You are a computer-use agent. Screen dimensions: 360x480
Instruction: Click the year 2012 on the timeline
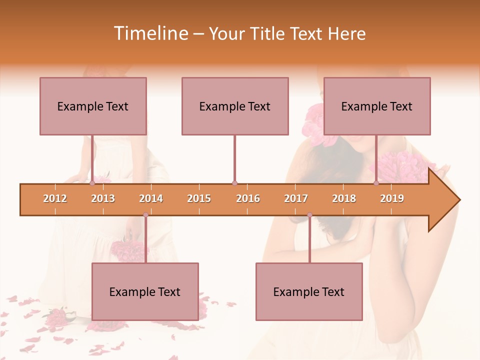pos(55,198)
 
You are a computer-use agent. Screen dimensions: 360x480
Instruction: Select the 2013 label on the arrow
pos(103,198)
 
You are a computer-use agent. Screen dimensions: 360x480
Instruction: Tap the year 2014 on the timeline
pos(151,198)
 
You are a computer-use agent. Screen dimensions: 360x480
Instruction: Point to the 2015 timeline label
pos(199,198)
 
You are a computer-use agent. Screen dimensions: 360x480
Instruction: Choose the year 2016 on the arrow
pos(248,198)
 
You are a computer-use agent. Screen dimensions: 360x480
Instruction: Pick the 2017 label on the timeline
pos(296,198)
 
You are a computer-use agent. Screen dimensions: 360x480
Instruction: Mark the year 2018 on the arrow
pos(344,198)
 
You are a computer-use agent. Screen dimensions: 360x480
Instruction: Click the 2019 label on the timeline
pos(392,198)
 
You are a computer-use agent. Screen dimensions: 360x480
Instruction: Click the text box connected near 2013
pos(93,106)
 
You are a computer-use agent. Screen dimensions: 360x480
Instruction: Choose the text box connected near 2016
pos(235,106)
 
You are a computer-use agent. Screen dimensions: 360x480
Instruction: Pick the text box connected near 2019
pos(377,106)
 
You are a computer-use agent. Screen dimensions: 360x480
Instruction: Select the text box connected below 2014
pos(145,291)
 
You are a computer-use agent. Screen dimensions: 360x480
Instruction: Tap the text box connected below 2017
pos(309,291)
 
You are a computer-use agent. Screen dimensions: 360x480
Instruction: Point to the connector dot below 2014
pos(145,215)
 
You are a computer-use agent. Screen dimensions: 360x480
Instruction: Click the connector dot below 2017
pos(309,215)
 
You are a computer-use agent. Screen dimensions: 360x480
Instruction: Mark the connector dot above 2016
pos(234,183)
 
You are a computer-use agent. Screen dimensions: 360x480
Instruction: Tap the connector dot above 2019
pos(376,183)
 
